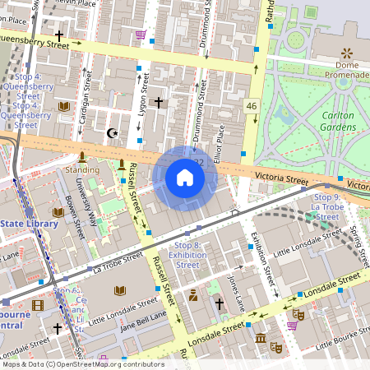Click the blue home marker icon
(x=185, y=178)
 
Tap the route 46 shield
(x=252, y=106)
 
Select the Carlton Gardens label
(x=337, y=122)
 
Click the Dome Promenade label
(x=345, y=71)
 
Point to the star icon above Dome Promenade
(x=345, y=52)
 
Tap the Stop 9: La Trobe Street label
(x=326, y=203)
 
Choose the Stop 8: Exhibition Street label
(x=187, y=255)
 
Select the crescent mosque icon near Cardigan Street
(x=113, y=132)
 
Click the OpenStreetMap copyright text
(x=82, y=363)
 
